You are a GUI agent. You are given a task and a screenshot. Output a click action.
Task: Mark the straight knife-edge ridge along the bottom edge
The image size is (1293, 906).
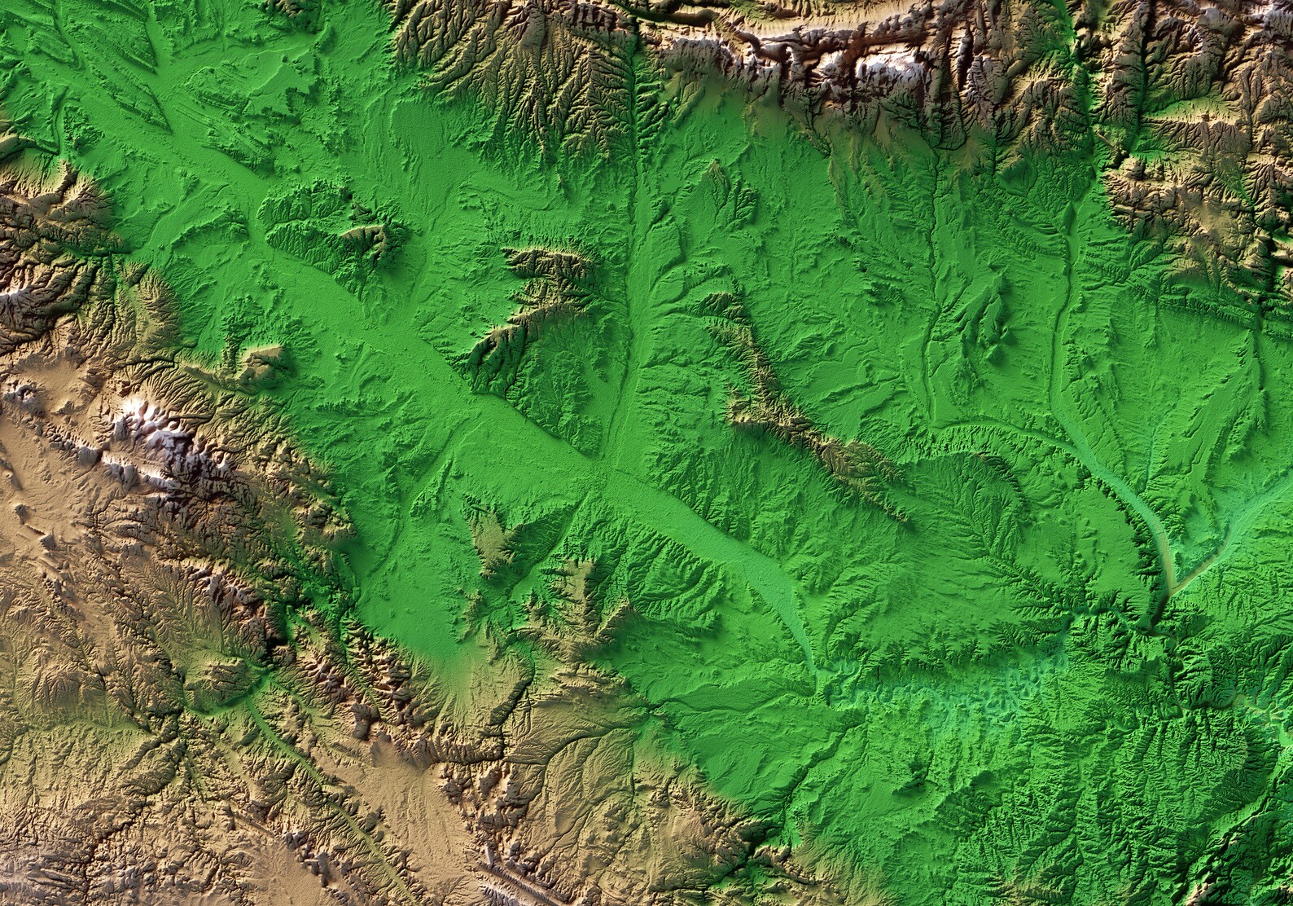521,880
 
